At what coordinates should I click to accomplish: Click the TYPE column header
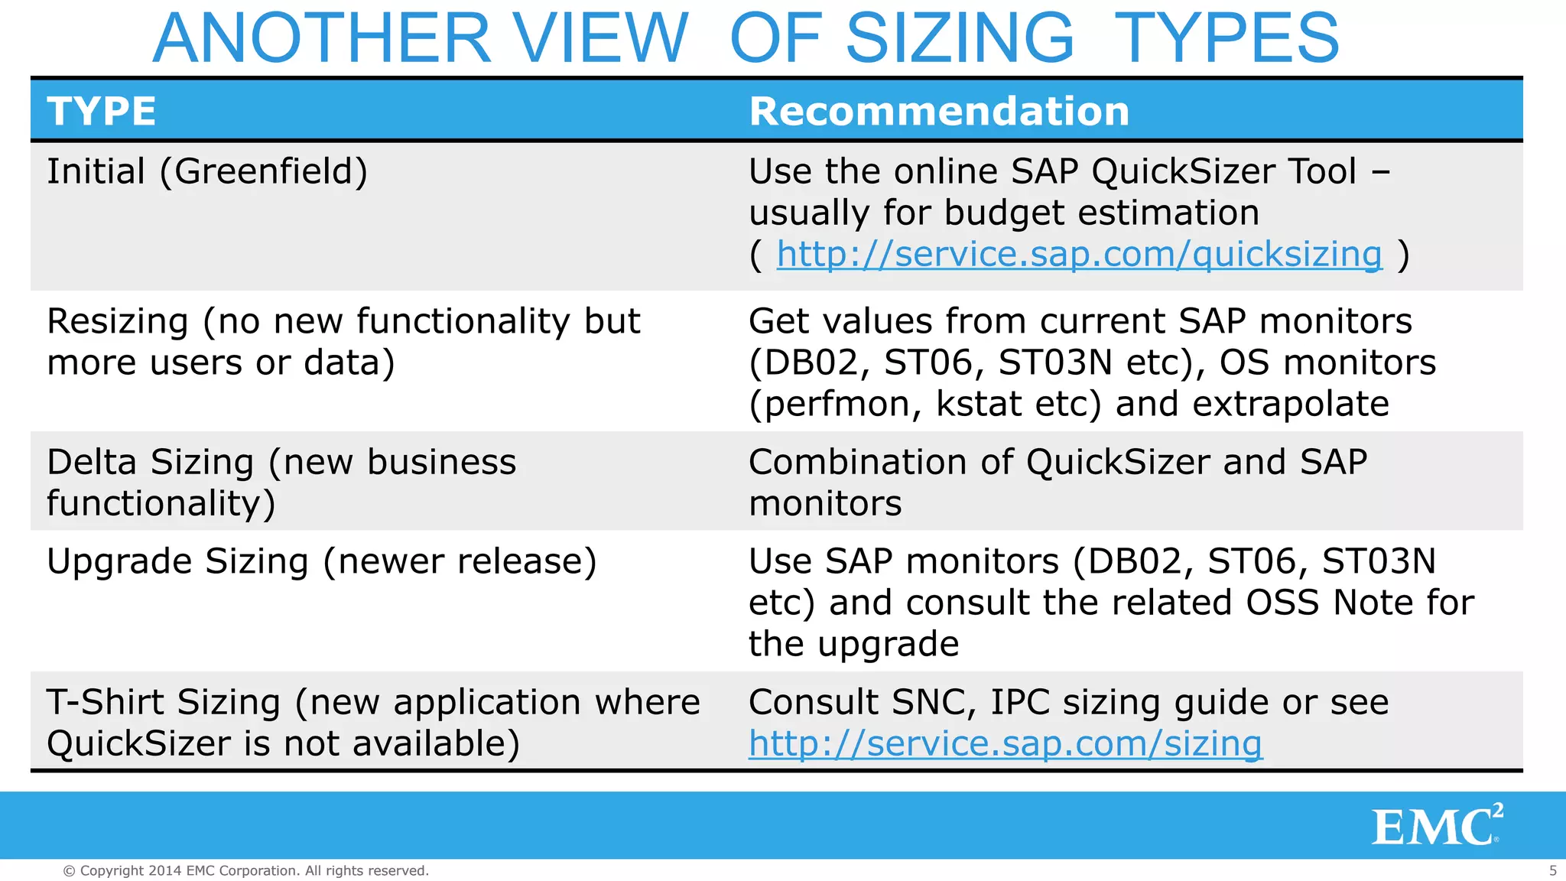pyautogui.click(x=102, y=112)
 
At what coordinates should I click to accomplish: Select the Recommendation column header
pyautogui.click(x=939, y=112)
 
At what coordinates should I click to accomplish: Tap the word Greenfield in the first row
pyautogui.click(x=263, y=171)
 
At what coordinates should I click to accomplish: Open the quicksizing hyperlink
pyautogui.click(x=1079, y=254)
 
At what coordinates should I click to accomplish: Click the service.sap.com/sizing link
pyautogui.click(x=1005, y=743)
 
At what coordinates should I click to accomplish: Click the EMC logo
pyautogui.click(x=1436, y=827)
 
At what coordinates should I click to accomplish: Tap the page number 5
pyautogui.click(x=1552, y=870)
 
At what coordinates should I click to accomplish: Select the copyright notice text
pyautogui.click(x=245, y=870)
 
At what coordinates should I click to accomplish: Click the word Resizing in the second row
pyautogui.click(x=117, y=321)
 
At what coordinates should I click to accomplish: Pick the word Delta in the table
pyautogui.click(x=91, y=463)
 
